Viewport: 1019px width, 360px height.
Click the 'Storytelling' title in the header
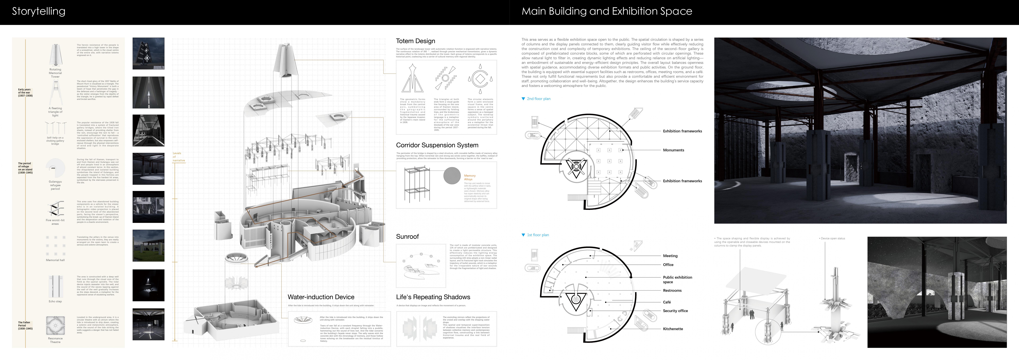tap(38, 11)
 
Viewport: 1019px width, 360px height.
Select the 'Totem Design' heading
tap(415, 41)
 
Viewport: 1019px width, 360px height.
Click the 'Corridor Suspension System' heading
tap(437, 145)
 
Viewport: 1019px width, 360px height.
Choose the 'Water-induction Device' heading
tap(321, 297)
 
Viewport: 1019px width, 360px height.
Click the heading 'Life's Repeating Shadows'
tap(433, 297)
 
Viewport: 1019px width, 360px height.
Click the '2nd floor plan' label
tap(538, 99)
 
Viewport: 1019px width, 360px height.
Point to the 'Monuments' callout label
tap(673, 150)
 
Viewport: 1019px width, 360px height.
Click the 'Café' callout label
tap(667, 302)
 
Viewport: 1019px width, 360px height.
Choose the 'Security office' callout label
tap(675, 311)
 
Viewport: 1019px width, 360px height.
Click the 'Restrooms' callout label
tap(672, 291)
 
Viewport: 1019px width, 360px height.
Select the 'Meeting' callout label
tap(670, 256)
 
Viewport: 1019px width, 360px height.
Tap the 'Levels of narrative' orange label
tap(178, 157)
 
